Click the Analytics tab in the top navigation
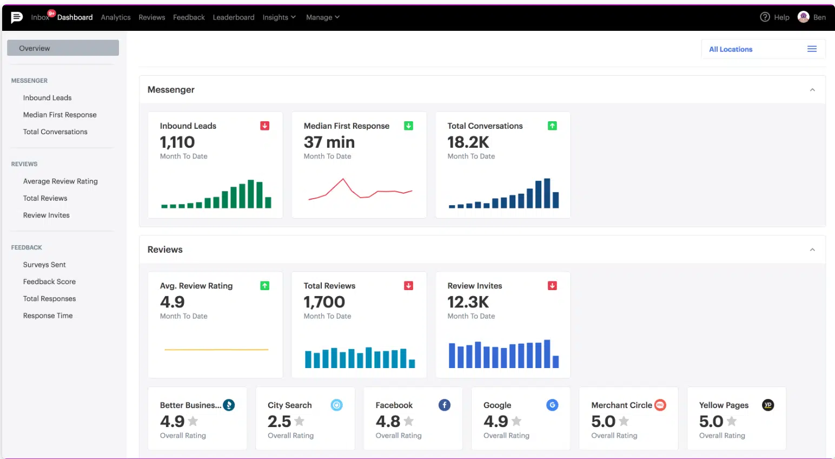(116, 17)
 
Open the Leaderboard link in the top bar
(233, 17)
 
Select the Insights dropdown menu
(279, 17)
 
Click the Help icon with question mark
(765, 17)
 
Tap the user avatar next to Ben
(803, 17)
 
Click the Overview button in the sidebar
(63, 48)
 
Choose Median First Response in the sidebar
(59, 115)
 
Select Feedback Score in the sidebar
(49, 281)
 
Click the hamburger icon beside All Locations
(812, 49)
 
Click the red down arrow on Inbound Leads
(265, 126)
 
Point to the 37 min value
(329, 142)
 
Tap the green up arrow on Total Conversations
(552, 126)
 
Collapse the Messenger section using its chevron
(812, 90)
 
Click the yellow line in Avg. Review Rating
(216, 350)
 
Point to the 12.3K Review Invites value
(468, 302)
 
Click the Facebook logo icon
(445, 405)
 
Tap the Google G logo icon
(552, 405)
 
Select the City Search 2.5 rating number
(279, 421)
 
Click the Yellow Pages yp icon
(768, 405)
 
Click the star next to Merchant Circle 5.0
(624, 421)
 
